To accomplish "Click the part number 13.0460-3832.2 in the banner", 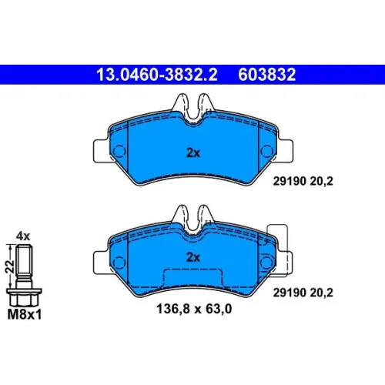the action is tap(157, 75).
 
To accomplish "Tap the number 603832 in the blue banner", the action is tap(267, 75).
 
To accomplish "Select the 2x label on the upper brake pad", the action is tap(193, 153).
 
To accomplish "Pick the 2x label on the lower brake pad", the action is tap(193, 257).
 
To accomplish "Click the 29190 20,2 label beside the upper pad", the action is tap(303, 182).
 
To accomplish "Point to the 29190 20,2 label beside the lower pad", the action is tap(303, 293).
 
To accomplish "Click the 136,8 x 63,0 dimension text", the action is tap(194, 309).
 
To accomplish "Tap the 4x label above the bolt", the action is tap(23, 236).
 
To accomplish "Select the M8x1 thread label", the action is tap(25, 315).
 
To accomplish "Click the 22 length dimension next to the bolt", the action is tap(9, 266).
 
